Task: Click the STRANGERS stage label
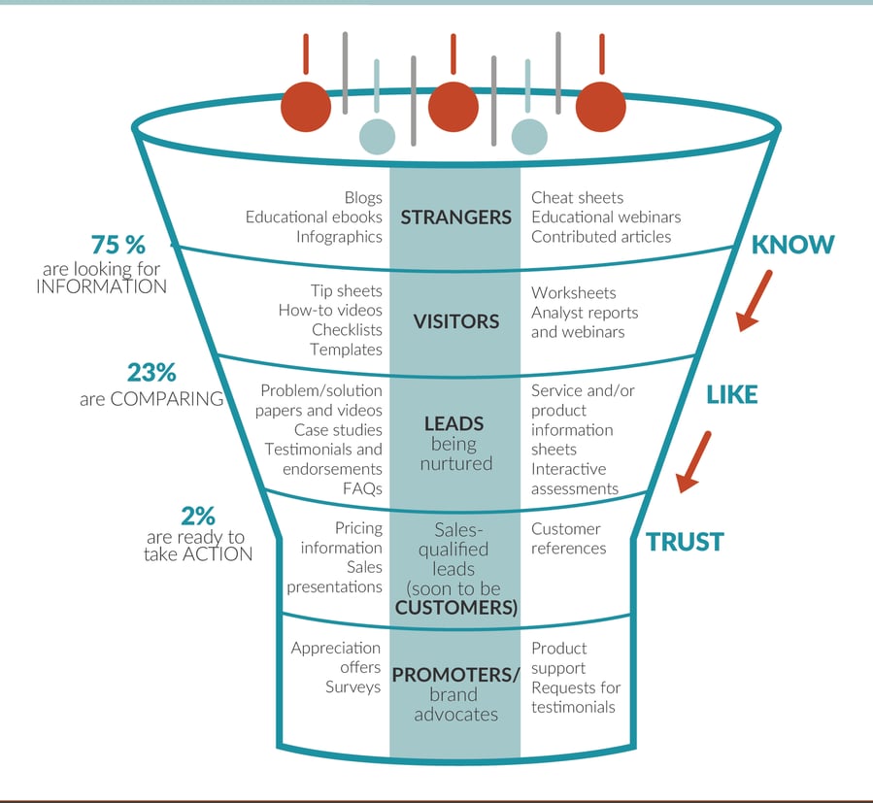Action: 454,217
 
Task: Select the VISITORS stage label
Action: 454,321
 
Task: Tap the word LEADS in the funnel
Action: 454,424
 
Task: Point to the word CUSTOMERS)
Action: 454,608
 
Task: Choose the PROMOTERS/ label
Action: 455,674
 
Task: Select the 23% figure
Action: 151,373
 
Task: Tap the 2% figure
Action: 197,516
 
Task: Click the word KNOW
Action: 792,245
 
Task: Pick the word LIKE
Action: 731,394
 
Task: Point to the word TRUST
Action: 685,542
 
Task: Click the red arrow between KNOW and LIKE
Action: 754,300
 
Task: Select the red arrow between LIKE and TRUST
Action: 694,460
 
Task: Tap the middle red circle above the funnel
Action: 453,106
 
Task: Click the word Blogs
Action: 363,198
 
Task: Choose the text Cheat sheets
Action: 577,198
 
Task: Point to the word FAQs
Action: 362,488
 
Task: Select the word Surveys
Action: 353,687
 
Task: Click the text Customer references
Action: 568,539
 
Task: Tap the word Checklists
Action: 347,330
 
